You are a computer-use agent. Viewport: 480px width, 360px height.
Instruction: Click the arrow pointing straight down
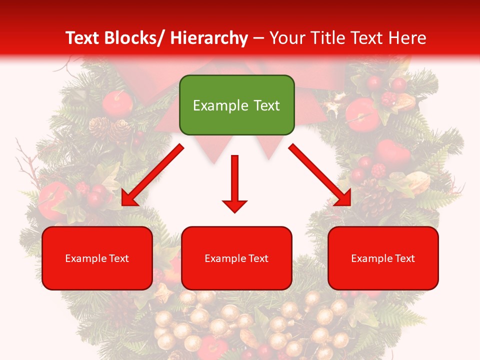tap(234, 182)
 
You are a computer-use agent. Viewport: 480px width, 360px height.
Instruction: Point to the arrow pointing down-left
tap(152, 175)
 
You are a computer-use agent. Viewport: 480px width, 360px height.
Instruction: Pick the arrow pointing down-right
tap(320, 175)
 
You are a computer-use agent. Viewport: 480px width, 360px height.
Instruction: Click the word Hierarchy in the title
tap(209, 38)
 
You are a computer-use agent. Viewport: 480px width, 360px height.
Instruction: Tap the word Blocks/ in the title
tap(139, 38)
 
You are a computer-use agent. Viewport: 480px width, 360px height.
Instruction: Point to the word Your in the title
tap(287, 38)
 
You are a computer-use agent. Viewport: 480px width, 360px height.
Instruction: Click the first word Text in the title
tap(83, 38)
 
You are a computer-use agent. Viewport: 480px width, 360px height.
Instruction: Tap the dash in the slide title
tap(258, 39)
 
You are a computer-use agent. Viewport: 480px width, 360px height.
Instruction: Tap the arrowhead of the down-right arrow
tap(344, 198)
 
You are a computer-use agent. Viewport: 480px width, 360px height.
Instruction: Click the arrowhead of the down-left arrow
tap(129, 198)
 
